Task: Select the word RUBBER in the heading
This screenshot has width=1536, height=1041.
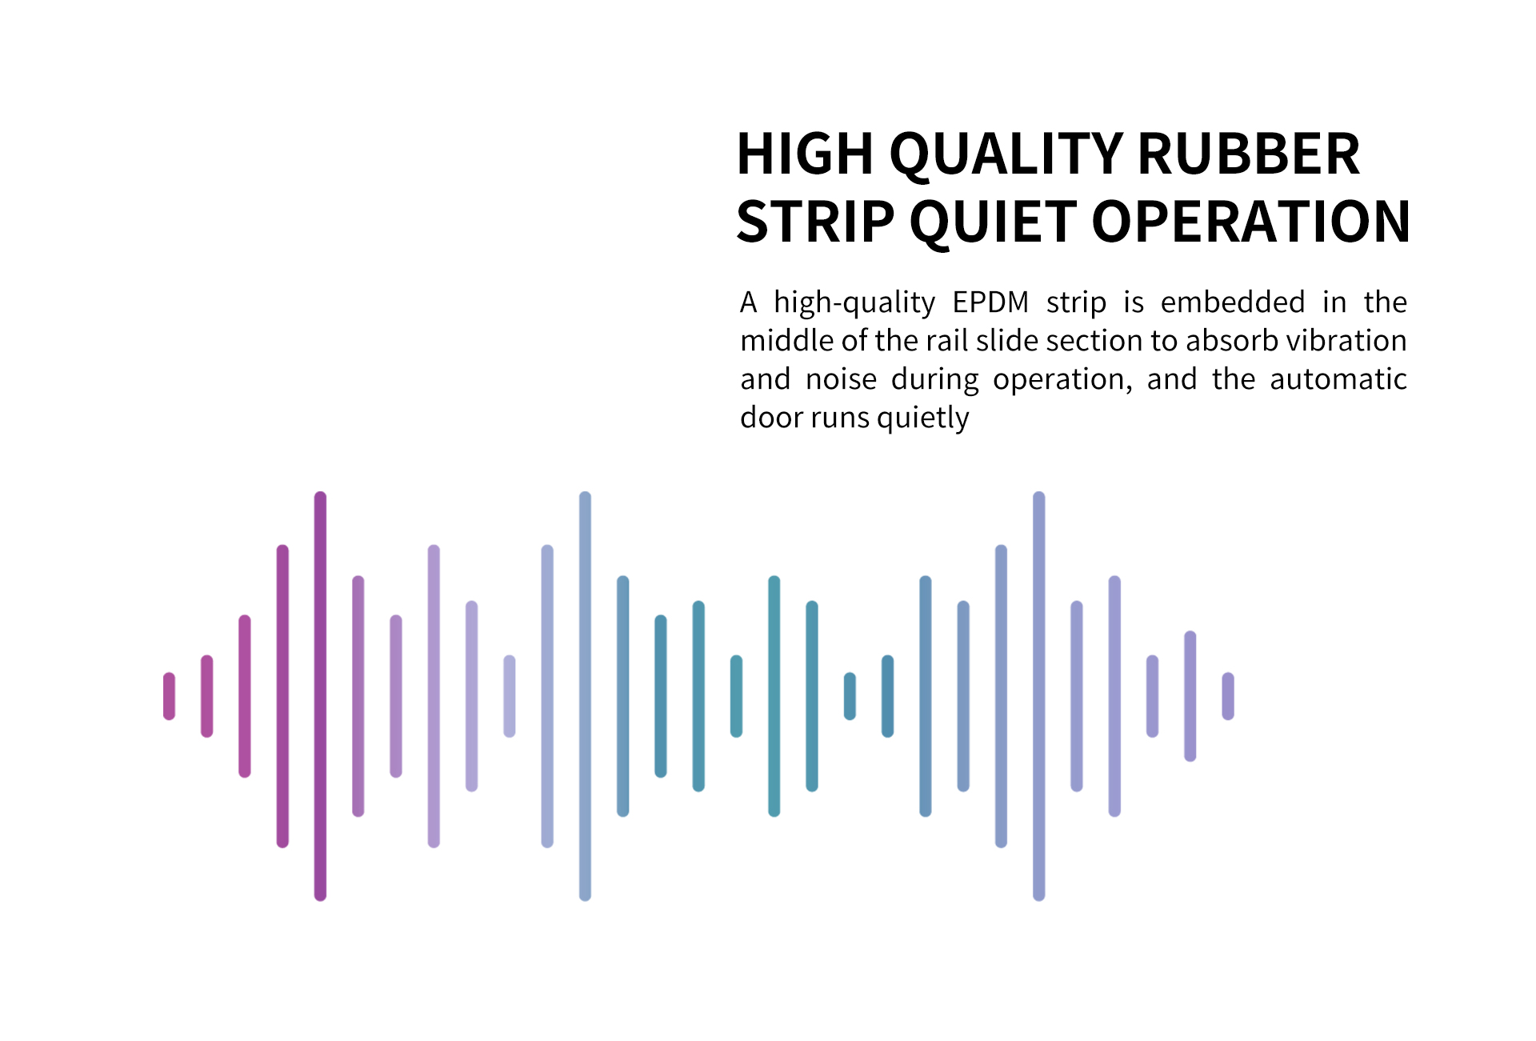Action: pyautogui.click(x=1249, y=154)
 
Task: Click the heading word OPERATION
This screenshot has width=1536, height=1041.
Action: pyautogui.click(x=1250, y=222)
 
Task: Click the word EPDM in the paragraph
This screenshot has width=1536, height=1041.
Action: pyautogui.click(x=990, y=302)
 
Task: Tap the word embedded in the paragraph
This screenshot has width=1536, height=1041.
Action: pyautogui.click(x=1233, y=302)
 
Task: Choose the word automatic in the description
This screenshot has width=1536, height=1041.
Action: pyautogui.click(x=1338, y=379)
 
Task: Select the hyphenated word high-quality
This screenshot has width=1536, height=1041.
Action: pyautogui.click(x=854, y=303)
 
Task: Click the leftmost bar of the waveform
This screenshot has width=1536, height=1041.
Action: pyautogui.click(x=169, y=696)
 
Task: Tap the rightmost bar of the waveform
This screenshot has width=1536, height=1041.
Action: pyautogui.click(x=1228, y=696)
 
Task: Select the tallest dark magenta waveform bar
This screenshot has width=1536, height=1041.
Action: pyautogui.click(x=320, y=696)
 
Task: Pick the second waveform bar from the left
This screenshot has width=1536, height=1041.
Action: pyautogui.click(x=206, y=696)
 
